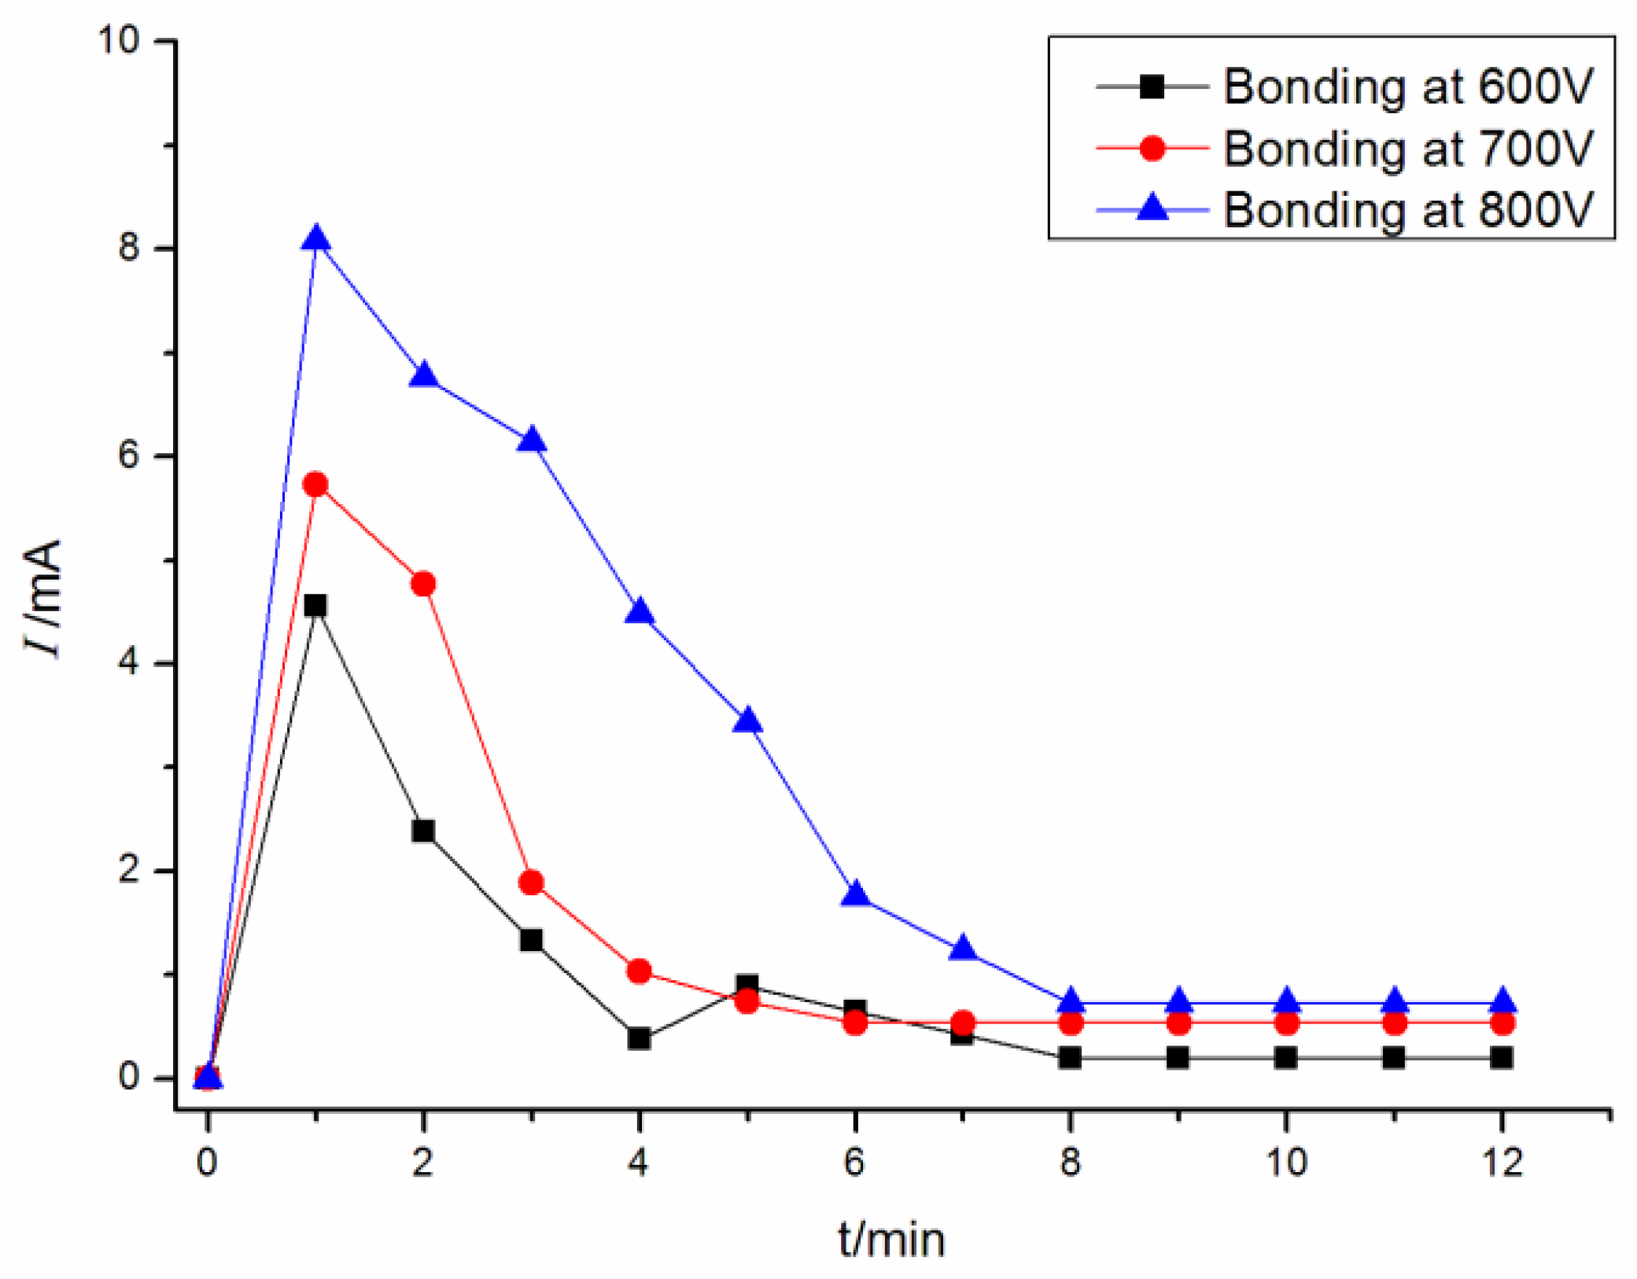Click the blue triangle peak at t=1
[x=316, y=237]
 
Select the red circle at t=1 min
[x=315, y=485]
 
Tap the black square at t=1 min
[x=315, y=606]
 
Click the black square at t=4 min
[x=640, y=1039]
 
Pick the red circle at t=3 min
[x=532, y=883]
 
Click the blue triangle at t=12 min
[x=1502, y=1001]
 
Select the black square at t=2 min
[x=423, y=831]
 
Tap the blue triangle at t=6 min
[x=855, y=895]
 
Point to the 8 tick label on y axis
[x=129, y=249]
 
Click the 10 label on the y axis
[x=118, y=39]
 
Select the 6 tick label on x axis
[x=855, y=1162]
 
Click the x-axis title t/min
[x=891, y=1240]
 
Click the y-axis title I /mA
[x=43, y=598]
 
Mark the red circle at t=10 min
[x=1286, y=1023]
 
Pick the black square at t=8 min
[x=1070, y=1058]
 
